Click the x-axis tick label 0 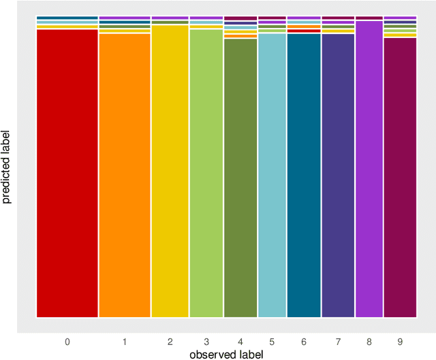(x=67, y=341)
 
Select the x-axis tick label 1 (x=125, y=341)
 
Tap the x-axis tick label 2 (x=170, y=341)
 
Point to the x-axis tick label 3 (x=206, y=341)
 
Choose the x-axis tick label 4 (x=240, y=341)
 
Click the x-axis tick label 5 (x=272, y=341)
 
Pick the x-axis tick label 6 (x=304, y=341)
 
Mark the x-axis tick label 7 (x=338, y=341)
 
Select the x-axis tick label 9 (x=400, y=341)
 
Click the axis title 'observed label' (x=225, y=354)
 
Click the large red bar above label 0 (x=67, y=174)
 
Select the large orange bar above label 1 (x=125, y=176)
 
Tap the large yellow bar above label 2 (x=170, y=171)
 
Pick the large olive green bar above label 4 (x=240, y=178)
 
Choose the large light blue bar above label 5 (x=272, y=176)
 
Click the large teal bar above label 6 (x=304, y=176)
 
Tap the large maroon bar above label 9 (x=400, y=178)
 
